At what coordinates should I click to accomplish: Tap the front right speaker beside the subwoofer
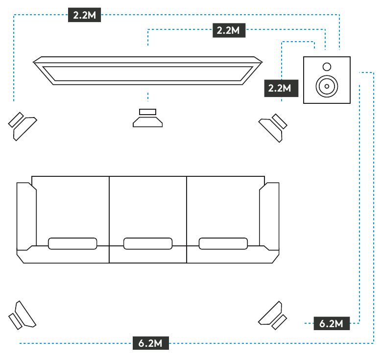click(273, 127)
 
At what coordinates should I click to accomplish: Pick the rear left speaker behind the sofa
click(22, 315)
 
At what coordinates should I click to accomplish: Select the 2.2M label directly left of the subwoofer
click(281, 88)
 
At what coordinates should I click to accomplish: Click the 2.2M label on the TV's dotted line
click(228, 30)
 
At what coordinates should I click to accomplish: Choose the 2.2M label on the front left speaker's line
click(85, 15)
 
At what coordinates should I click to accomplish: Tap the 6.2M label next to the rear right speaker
click(332, 323)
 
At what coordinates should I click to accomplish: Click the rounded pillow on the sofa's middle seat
click(147, 243)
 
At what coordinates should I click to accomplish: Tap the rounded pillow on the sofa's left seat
click(72, 243)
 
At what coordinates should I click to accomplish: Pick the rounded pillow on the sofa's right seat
click(223, 243)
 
